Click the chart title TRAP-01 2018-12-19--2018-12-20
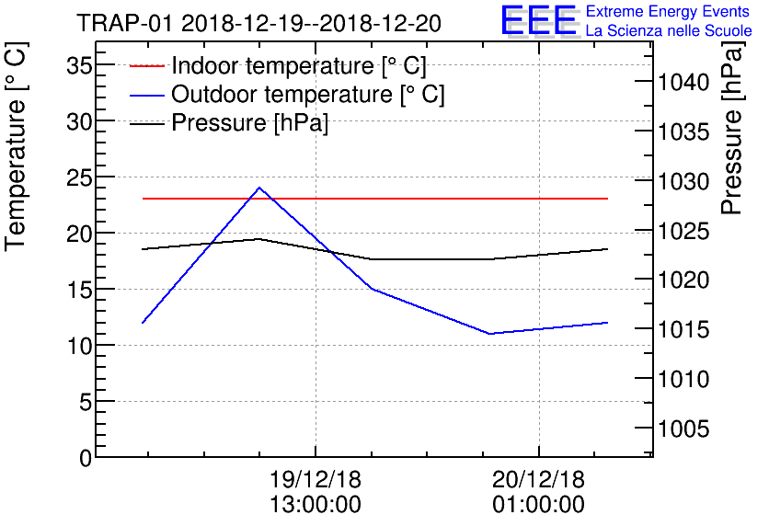(258, 22)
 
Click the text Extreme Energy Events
(668, 12)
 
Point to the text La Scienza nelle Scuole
(668, 31)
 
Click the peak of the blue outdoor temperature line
(258, 188)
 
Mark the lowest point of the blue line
(490, 333)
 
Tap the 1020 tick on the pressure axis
(683, 280)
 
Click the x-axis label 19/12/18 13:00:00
(316, 492)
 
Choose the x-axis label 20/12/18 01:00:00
(538, 492)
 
